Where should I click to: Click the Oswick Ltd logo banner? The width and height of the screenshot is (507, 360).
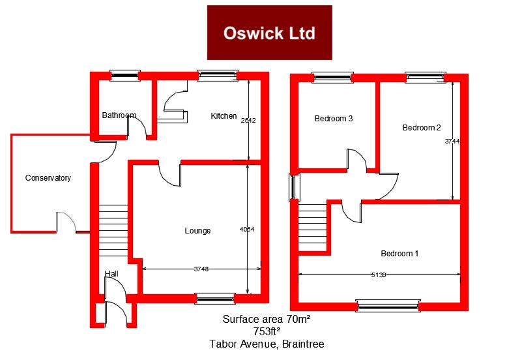pos(269,33)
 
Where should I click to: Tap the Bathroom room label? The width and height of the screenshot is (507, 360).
pos(119,115)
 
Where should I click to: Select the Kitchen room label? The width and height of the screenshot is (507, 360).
pos(224,116)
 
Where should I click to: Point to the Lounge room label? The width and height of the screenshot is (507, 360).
pos(197,231)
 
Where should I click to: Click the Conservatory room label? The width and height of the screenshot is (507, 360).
pos(48,178)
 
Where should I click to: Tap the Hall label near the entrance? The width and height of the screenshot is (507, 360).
pos(111,274)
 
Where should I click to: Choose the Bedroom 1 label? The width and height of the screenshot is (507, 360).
pos(399,253)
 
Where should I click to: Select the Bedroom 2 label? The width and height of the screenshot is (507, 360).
pos(422,128)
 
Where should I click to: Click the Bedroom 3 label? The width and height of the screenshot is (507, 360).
pos(334,119)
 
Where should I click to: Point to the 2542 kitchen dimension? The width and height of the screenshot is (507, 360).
pos(248,120)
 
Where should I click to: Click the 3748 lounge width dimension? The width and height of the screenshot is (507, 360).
pos(201,269)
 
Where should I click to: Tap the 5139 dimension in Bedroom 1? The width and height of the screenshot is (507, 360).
pos(379,275)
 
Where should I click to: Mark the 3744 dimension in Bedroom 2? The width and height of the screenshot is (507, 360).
pos(452,141)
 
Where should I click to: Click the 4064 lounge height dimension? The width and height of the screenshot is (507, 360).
pos(247,230)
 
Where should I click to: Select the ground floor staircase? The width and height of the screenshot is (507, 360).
pos(113,231)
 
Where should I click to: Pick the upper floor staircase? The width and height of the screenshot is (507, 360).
pos(312,227)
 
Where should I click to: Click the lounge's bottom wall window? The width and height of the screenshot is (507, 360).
pos(215,299)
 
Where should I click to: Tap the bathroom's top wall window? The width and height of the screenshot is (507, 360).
pos(125,76)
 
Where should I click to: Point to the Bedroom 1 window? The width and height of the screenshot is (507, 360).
pos(388,306)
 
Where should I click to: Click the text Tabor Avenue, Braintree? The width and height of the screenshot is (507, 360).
pos(267,344)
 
